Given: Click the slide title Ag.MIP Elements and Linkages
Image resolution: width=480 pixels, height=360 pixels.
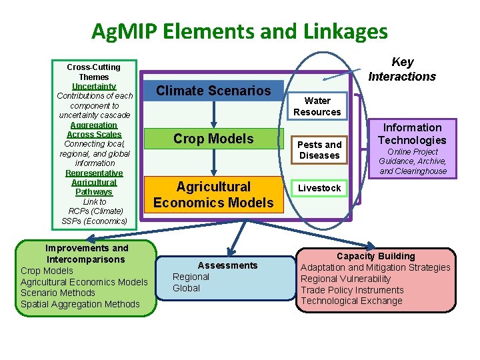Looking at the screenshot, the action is (x=239, y=31).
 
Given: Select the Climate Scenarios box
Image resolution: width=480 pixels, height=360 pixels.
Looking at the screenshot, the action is (x=213, y=91).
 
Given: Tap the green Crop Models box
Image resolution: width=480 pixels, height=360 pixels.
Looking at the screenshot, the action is (x=213, y=139).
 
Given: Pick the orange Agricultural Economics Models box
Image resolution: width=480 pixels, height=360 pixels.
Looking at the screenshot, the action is (x=213, y=195).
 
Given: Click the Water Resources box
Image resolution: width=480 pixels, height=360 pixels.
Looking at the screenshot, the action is (x=317, y=107).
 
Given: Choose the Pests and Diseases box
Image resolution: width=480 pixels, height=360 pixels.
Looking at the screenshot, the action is (x=319, y=150).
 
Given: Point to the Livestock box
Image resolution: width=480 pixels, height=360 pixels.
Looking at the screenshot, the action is (x=319, y=188).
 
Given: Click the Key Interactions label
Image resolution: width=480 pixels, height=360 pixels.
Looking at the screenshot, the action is (x=402, y=69).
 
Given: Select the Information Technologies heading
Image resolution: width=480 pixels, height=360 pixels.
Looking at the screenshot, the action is (x=412, y=134).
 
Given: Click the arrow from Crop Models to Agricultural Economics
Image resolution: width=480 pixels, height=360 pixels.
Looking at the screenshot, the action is (x=213, y=162).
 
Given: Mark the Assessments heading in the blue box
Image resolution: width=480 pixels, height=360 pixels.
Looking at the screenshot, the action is (x=227, y=265).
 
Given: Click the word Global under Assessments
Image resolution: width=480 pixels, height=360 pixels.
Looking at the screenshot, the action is (x=186, y=288).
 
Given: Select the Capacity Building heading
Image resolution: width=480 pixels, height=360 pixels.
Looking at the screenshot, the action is (x=375, y=256).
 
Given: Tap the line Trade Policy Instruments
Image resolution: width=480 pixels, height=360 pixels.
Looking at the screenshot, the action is (x=352, y=290).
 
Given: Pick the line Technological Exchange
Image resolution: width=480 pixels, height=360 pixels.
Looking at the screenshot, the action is (x=351, y=301).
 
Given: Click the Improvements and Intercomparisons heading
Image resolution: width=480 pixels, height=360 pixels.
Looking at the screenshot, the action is (x=87, y=253).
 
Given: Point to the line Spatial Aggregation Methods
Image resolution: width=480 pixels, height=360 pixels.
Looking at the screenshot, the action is (x=80, y=304).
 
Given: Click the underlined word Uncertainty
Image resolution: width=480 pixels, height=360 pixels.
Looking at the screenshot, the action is (x=94, y=87).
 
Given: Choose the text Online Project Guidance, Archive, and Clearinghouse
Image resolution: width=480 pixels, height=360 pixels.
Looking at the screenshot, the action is (x=413, y=161).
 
